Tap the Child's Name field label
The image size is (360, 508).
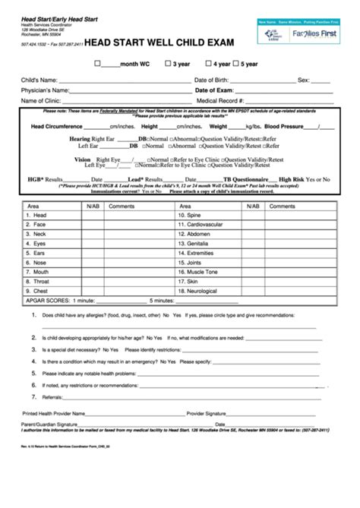pyautogui.click(x=39, y=79)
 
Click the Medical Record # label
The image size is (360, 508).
pyautogui.click(x=220, y=100)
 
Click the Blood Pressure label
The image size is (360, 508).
pyautogui.click(x=287, y=127)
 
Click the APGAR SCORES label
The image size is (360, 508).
pyautogui.click(x=48, y=300)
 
